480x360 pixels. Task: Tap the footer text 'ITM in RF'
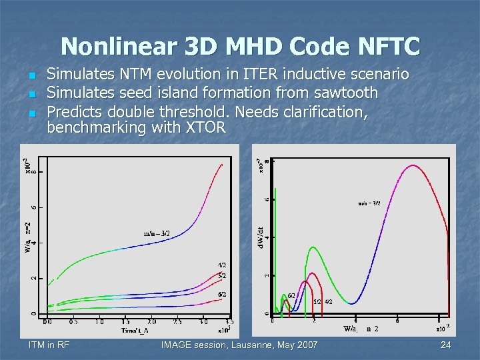coord(50,345)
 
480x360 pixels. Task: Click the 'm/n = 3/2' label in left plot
coord(157,233)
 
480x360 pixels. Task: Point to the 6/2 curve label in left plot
coord(221,294)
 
